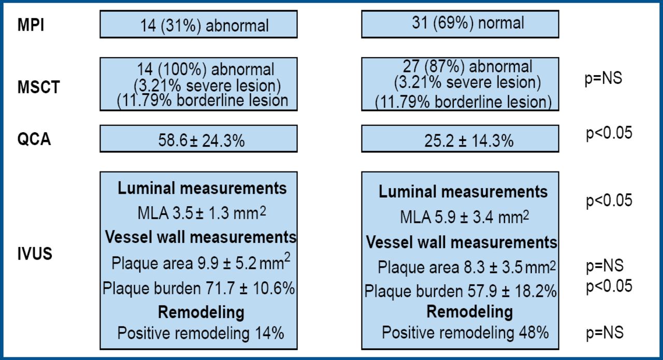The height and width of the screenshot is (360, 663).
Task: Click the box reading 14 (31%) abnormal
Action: tap(198, 25)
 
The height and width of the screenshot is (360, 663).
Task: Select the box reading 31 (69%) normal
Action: tap(459, 23)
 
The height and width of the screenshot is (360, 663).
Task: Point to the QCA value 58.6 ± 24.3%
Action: tap(198, 140)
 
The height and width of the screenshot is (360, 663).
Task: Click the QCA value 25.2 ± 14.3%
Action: tap(459, 140)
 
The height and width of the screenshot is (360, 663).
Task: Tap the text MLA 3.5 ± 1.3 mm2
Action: tap(198, 213)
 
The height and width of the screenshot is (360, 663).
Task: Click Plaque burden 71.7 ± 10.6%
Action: tap(198, 289)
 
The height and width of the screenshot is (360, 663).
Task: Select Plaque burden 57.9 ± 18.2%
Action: tap(460, 291)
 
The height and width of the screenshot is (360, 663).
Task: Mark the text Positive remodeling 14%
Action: tap(200, 333)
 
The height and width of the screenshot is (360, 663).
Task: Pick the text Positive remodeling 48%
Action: tap(465, 332)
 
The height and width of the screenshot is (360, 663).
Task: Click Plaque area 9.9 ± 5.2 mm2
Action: tap(200, 263)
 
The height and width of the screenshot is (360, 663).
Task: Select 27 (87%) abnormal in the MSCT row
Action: tap(467, 67)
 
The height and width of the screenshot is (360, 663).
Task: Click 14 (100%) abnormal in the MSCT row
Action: tap(206, 68)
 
